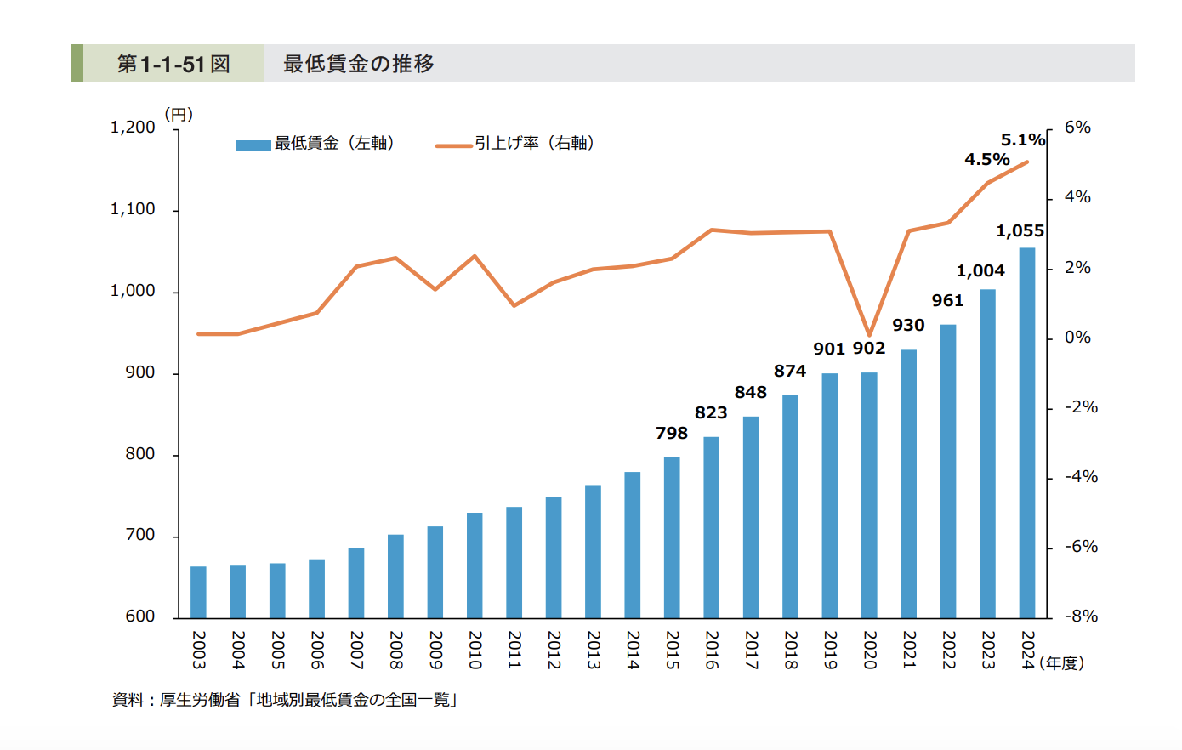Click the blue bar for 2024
tap(1026, 433)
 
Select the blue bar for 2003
tap(198, 592)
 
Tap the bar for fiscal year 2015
tap(672, 537)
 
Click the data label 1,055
tap(1020, 231)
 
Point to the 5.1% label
tap(1022, 140)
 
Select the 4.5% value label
tap(986, 160)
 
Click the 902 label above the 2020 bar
tap(869, 349)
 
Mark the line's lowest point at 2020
tap(869, 335)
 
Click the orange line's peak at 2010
tap(475, 256)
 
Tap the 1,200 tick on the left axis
tap(134, 128)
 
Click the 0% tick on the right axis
tap(1077, 338)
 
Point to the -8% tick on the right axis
tap(1081, 616)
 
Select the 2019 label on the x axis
tap(830, 650)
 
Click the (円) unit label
tap(179, 114)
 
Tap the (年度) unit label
tap(1061, 663)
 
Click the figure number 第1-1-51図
tap(173, 64)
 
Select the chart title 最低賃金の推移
tap(358, 64)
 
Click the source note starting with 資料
tap(285, 701)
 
